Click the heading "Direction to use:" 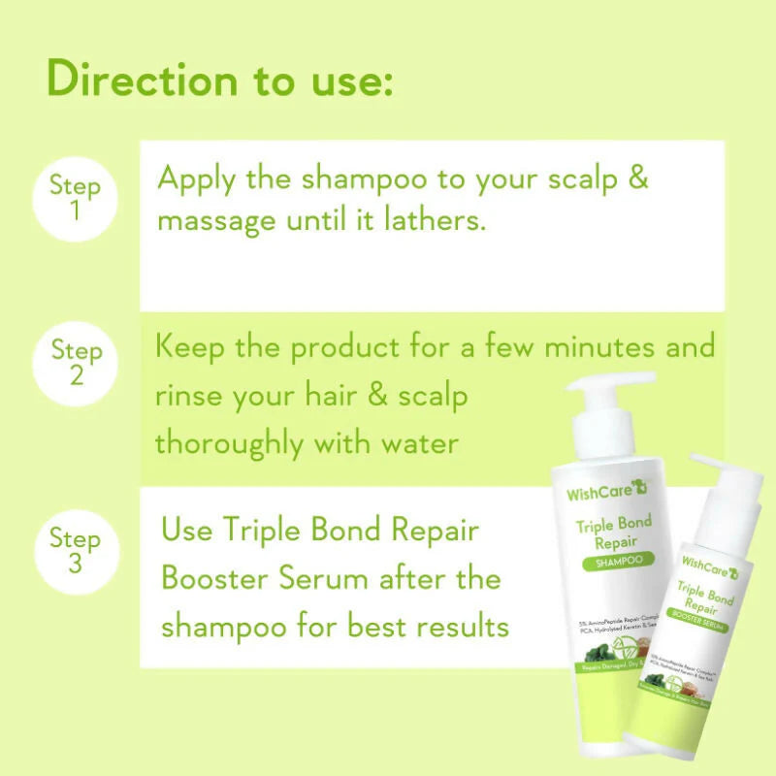pos(219,79)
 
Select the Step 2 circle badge pos(75,361)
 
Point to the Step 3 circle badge pos(75,550)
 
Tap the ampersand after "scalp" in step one pos(636,179)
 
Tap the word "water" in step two pos(408,443)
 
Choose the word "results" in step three pos(457,626)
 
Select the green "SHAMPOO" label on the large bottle pos(615,562)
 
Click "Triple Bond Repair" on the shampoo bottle pos(614,533)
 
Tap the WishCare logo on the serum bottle pos(705,561)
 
